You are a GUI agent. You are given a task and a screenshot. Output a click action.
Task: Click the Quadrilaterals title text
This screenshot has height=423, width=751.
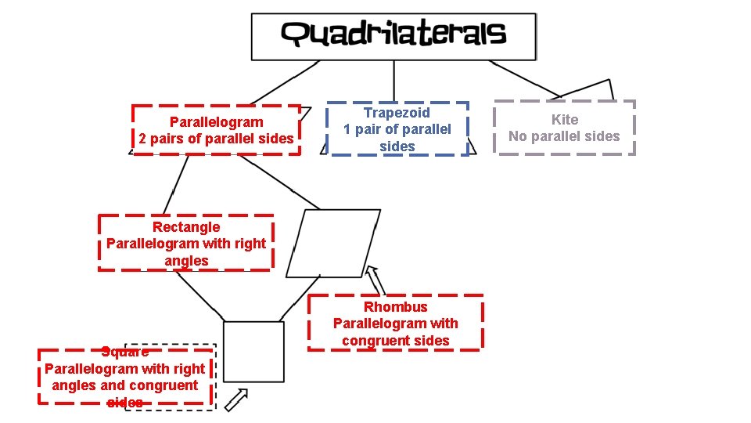coord(393,34)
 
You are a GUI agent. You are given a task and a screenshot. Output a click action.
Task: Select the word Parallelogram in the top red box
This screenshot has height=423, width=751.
coord(217,122)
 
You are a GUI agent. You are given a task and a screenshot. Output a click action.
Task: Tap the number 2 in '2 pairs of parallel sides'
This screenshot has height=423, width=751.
coord(143,139)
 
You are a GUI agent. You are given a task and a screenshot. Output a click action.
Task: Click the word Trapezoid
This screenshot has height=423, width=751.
coord(397,113)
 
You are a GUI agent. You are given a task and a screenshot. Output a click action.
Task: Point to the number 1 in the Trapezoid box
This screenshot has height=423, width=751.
coord(347,130)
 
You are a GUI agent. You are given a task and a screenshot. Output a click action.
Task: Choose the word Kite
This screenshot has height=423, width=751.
coord(565,120)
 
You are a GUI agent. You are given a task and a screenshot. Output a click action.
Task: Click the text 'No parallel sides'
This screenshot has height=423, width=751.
coord(564,136)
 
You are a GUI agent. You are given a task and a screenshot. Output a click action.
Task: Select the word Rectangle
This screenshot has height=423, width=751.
coord(186,227)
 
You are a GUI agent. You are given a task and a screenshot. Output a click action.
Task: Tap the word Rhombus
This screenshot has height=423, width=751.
coord(396,307)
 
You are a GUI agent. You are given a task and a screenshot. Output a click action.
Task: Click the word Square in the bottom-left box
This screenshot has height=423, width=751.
coord(125,352)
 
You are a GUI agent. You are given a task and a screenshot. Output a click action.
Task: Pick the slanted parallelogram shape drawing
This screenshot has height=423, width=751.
coord(333,243)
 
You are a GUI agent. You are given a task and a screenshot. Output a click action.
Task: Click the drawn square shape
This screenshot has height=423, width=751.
coord(253,352)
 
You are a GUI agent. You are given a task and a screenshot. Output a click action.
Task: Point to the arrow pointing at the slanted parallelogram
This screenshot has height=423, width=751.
coord(376,279)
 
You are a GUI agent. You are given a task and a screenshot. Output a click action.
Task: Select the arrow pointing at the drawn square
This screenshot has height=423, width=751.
coord(236,399)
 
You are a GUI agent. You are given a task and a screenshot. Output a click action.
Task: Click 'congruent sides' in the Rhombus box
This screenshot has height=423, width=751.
coord(396,341)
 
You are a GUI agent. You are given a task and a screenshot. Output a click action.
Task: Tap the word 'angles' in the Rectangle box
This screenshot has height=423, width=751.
coord(186,261)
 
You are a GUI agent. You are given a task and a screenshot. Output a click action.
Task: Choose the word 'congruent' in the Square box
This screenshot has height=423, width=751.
coord(163,385)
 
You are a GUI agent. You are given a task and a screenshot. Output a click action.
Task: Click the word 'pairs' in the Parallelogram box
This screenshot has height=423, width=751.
coord(167,139)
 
